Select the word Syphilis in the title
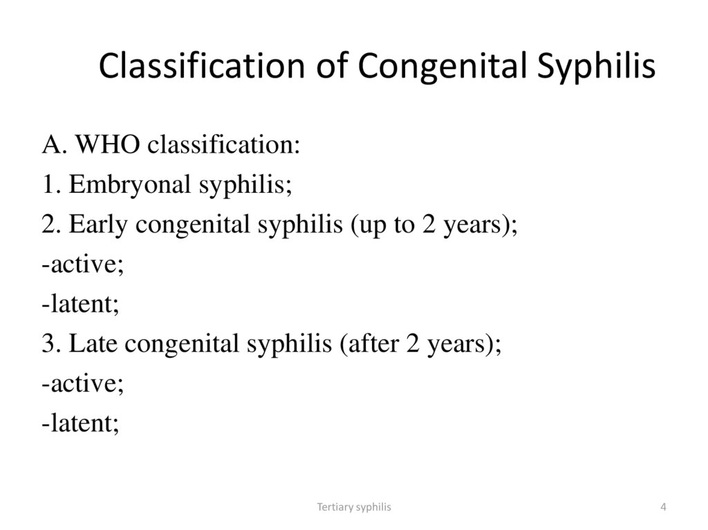597,66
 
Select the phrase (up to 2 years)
434,226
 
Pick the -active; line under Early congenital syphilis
83,265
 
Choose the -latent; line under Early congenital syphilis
80,305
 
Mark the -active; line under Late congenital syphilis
83,384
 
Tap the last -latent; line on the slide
80,424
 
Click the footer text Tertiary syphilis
354,507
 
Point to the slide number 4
663,507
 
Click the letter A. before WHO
54,146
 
